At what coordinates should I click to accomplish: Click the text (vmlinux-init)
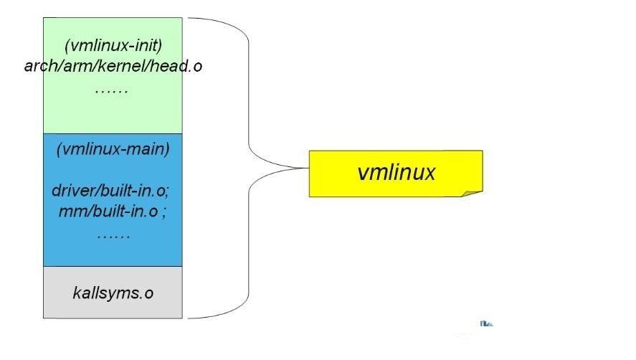pos(113,45)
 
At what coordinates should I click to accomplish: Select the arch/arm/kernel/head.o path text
pos(113,66)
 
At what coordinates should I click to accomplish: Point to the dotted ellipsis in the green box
pos(111,90)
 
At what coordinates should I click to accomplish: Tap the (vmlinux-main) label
pos(113,149)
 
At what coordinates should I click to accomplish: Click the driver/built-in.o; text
pos(110,191)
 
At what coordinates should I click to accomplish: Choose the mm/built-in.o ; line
pos(113,212)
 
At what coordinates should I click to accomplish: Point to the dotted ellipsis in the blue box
pos(113,235)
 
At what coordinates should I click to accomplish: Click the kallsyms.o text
pos(113,293)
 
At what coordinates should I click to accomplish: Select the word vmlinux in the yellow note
pos(396,172)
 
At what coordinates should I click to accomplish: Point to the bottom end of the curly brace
pos(190,317)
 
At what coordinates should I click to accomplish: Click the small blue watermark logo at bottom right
pos(486,325)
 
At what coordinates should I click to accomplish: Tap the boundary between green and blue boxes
pos(113,133)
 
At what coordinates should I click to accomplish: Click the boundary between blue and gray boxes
pos(113,267)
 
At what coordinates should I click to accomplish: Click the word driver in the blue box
pos(70,191)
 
